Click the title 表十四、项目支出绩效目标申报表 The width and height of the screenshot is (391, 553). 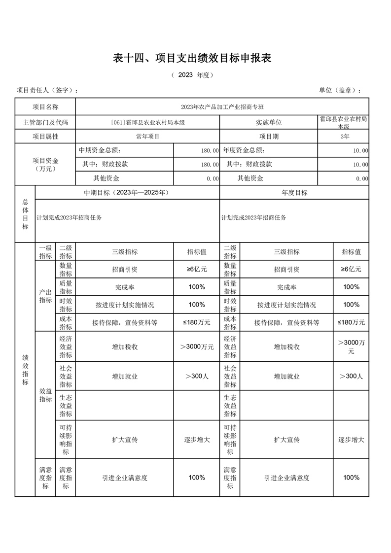[x=193, y=58]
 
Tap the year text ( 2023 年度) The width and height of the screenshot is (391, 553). [x=192, y=75]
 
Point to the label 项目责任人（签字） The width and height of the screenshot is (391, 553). [x=47, y=90]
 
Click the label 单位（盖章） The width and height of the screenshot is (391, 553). [x=340, y=90]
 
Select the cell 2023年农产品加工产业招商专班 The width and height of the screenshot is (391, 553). [x=222, y=107]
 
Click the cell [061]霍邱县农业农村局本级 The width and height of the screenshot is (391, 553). [x=147, y=122]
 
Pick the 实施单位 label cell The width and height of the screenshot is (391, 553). [x=269, y=122]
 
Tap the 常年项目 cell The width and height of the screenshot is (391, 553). [x=147, y=137]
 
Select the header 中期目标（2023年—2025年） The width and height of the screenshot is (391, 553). [x=127, y=193]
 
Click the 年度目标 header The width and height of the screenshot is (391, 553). [x=294, y=193]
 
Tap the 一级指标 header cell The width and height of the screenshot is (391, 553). [x=45, y=252]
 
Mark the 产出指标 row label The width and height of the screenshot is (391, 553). [x=45, y=296]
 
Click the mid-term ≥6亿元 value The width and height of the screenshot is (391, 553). [x=196, y=270]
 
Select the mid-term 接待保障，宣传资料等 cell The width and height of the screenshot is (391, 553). [x=124, y=323]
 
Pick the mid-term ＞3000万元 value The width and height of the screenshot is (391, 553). [x=197, y=347]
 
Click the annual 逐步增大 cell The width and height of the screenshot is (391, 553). [x=351, y=440]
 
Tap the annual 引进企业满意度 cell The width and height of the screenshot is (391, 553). [x=286, y=478]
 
